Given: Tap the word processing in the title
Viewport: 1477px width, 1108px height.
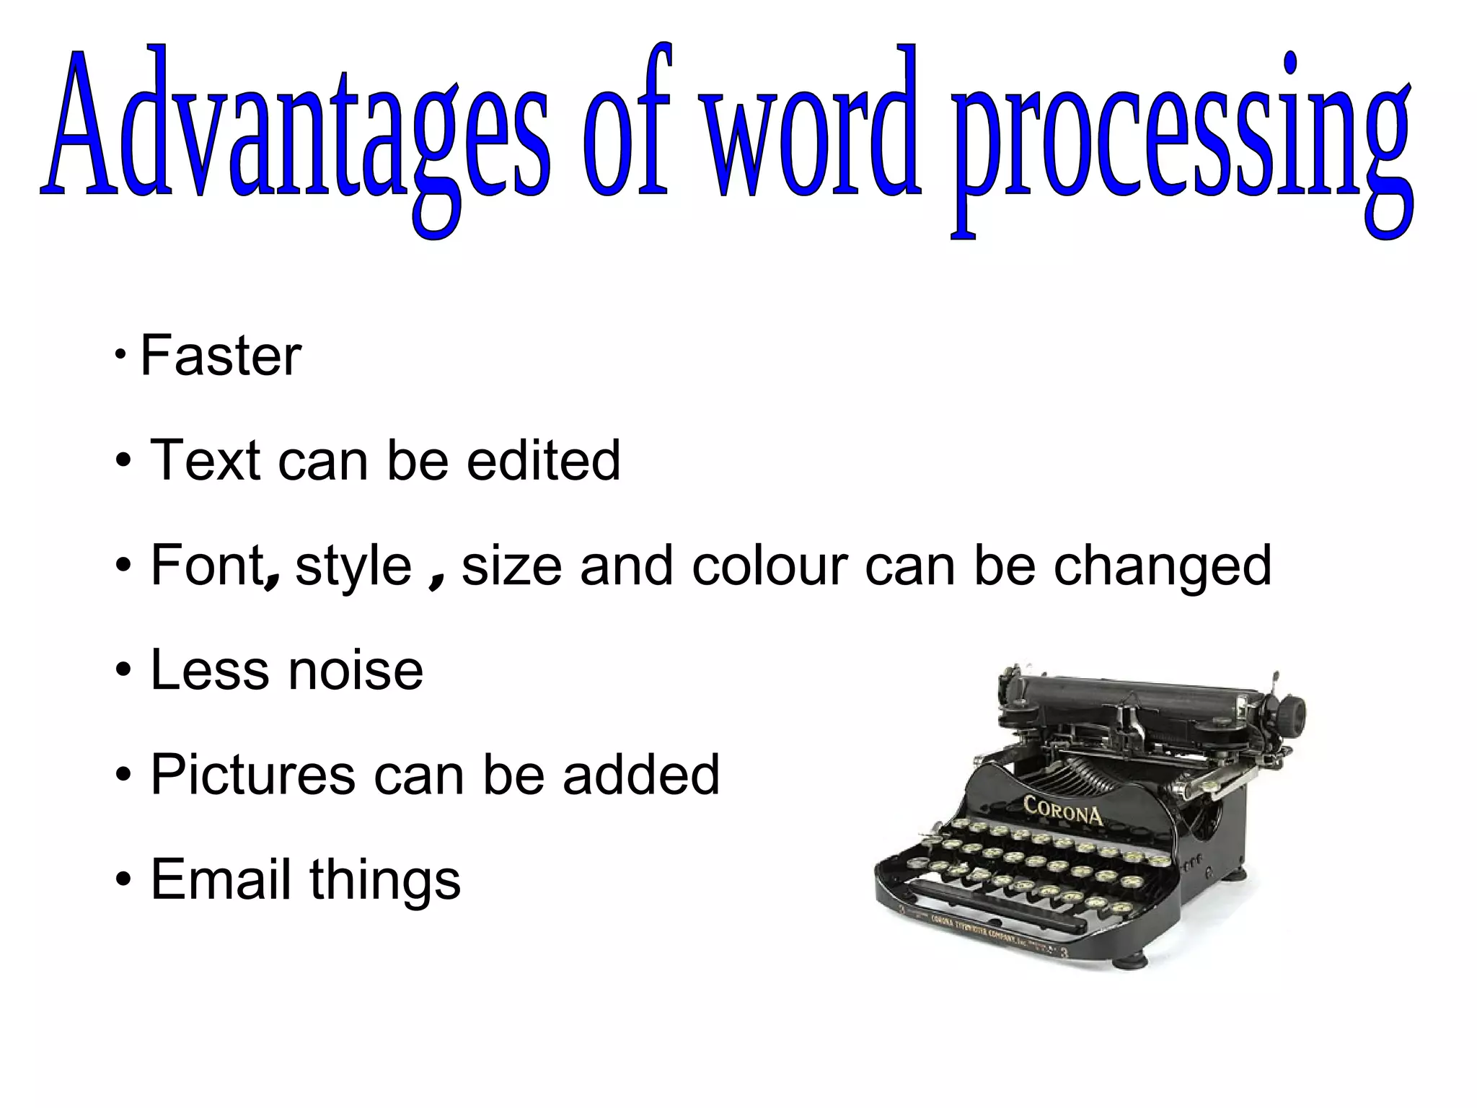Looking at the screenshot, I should pyautogui.click(x=1183, y=137).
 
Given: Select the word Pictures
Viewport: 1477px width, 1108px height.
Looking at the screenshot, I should pyautogui.click(x=253, y=775).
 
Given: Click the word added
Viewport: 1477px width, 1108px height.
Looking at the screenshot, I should pyautogui.click(x=641, y=775).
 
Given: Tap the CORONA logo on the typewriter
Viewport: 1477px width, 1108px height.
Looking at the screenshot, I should pyautogui.click(x=1063, y=811).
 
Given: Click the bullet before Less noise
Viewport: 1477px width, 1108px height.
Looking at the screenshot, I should pyautogui.click(x=123, y=671).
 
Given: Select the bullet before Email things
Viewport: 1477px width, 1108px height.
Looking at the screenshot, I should pyautogui.click(x=123, y=880).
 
